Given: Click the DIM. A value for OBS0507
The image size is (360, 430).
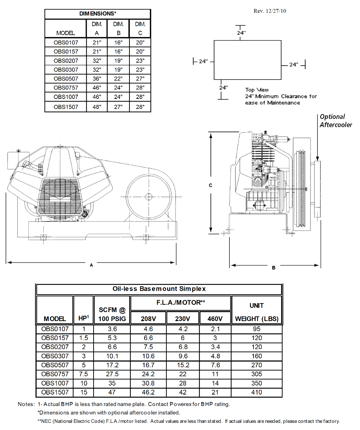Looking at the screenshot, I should (x=97, y=79).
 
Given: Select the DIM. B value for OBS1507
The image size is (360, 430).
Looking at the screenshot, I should (x=118, y=107).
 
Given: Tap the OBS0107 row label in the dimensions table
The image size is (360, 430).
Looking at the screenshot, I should (x=66, y=42).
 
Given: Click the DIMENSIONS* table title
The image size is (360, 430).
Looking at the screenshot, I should (x=98, y=14).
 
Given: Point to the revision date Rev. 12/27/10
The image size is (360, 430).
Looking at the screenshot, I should (x=270, y=11).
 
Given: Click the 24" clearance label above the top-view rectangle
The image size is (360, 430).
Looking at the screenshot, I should (x=241, y=33).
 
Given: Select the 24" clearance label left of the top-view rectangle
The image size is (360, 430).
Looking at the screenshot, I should (x=203, y=61).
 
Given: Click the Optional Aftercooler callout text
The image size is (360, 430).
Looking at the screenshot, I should (x=336, y=121).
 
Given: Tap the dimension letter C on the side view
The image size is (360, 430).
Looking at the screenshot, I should (x=211, y=185).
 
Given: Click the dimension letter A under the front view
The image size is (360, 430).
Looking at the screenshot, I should (x=91, y=265).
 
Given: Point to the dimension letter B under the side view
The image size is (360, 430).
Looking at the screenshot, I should (x=274, y=268).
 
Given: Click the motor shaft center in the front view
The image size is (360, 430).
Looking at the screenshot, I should (x=148, y=196).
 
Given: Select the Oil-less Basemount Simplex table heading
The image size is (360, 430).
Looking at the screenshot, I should (x=159, y=289).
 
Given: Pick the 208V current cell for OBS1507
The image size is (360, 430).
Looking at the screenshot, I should (x=148, y=392).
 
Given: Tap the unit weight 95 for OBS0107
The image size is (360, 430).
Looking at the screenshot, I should (x=256, y=329).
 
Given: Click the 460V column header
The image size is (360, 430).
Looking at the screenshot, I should (x=215, y=319).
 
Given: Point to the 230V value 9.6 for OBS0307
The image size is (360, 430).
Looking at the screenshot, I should (x=183, y=356).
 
